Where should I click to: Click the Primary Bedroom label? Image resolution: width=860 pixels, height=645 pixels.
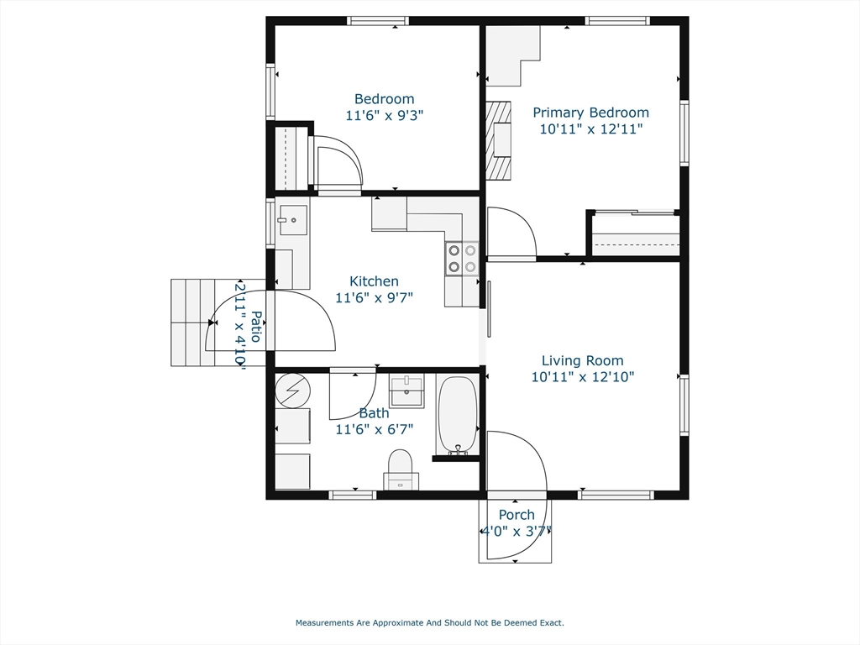tap(590, 113)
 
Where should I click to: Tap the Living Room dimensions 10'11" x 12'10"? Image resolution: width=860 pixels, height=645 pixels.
tap(582, 377)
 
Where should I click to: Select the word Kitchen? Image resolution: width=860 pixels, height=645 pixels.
tap(374, 281)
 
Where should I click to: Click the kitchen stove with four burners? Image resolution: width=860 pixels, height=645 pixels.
tap(461, 258)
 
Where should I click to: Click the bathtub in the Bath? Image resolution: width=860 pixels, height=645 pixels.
tap(458, 415)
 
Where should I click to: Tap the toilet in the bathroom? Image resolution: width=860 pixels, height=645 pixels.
tap(401, 466)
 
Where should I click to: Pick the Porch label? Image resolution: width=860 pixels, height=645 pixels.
tap(517, 515)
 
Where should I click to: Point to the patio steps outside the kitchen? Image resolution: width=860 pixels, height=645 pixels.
tap(189, 322)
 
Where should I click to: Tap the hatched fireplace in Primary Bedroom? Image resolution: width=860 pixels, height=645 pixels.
tap(499, 141)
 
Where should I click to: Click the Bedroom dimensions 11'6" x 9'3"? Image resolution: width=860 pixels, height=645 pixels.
tap(384, 115)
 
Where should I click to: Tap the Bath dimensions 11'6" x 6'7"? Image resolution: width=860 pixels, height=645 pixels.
tap(374, 429)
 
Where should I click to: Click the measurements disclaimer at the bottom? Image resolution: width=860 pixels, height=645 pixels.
tap(429, 623)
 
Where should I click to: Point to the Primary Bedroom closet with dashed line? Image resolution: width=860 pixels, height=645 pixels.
tap(635, 234)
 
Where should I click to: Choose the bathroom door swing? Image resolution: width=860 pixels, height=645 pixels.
tap(351, 393)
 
